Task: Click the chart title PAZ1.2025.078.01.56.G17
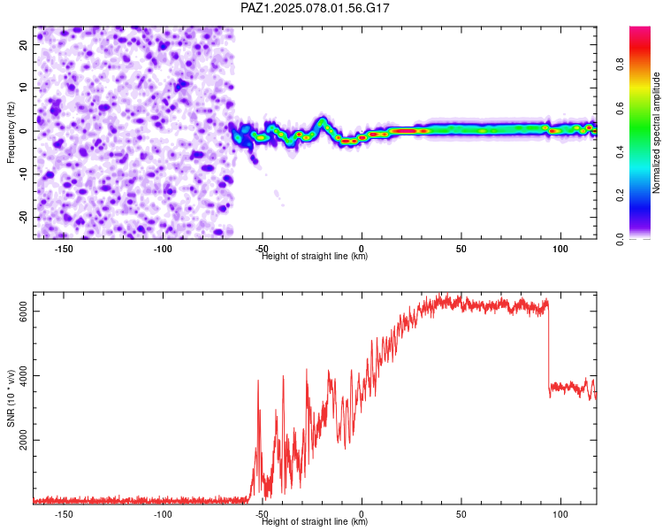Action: coord(315,8)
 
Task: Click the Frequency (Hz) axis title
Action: coord(11,133)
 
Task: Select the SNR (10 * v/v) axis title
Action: coord(11,398)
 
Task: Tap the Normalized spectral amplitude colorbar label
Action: coord(656,133)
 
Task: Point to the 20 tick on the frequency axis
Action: coord(23,44)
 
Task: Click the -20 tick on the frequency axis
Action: coord(23,217)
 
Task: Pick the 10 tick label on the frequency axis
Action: coord(23,88)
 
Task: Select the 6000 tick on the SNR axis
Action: coord(23,312)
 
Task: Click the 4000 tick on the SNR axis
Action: coord(23,375)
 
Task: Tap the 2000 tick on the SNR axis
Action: coord(23,440)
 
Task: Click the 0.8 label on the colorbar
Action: coord(620,65)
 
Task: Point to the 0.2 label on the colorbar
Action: coord(620,196)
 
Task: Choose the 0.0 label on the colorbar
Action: coord(620,239)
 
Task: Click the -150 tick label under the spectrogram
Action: coord(64,249)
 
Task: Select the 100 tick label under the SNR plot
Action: coord(560,514)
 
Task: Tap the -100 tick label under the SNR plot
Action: coord(163,514)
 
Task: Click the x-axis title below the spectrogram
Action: coord(315,256)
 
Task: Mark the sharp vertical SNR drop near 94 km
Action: coord(548,347)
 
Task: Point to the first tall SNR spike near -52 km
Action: coord(258,423)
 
